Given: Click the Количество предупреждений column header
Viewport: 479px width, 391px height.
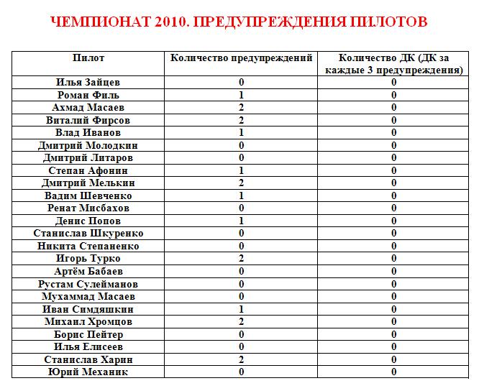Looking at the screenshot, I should (x=242, y=57).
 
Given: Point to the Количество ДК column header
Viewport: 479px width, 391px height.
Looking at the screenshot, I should (x=394, y=64).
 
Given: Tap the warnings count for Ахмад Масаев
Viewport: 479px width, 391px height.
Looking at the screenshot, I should (x=242, y=108).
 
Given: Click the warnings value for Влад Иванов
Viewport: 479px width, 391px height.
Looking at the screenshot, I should (x=242, y=133).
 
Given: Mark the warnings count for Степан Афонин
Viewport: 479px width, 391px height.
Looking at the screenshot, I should (x=242, y=170).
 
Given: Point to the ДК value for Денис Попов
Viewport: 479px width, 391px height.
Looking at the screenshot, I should (x=394, y=221).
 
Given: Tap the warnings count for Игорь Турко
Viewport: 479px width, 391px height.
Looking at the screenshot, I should (x=242, y=259).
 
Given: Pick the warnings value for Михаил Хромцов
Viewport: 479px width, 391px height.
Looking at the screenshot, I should (x=242, y=321).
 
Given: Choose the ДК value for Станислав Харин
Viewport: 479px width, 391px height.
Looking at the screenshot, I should (x=394, y=359).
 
